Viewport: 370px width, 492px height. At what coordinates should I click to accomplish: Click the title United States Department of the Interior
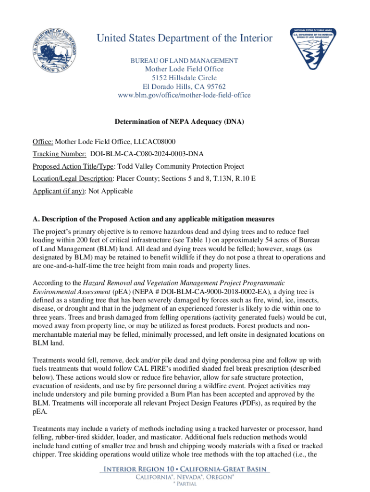click(x=185, y=38)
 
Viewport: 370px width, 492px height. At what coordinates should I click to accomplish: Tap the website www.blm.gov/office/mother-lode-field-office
click(x=185, y=95)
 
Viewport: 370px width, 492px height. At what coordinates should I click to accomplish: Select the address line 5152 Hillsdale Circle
click(x=185, y=78)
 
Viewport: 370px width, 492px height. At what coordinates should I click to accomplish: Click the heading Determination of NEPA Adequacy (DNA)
click(x=179, y=123)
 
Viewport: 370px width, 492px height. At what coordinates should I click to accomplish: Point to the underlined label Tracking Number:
click(x=59, y=154)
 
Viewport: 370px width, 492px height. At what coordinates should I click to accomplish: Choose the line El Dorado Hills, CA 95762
click(x=185, y=86)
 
